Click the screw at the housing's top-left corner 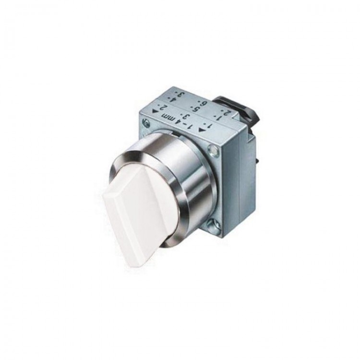146,124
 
